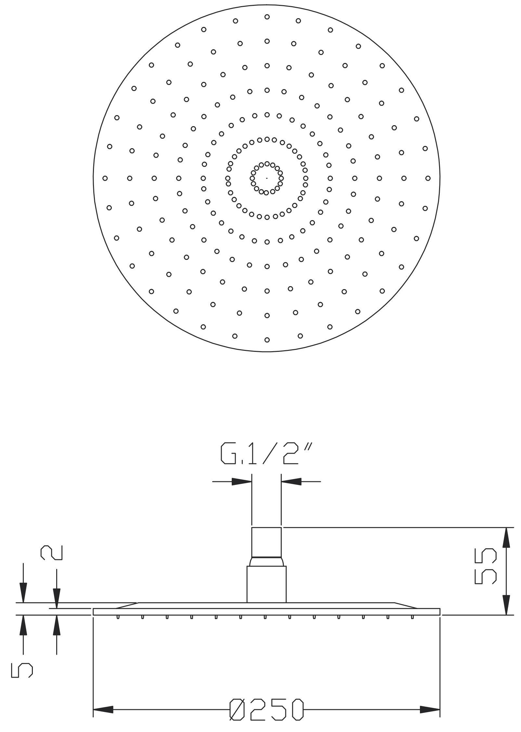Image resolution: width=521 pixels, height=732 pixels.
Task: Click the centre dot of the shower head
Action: click(267, 178)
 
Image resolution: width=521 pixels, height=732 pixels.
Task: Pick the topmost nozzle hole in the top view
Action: click(267, 17)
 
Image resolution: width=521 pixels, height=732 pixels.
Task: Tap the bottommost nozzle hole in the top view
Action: click(267, 340)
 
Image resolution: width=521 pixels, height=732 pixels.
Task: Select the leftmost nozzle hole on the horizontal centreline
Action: click(105, 178)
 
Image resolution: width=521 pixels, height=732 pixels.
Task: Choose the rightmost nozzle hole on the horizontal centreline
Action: click(428, 178)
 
